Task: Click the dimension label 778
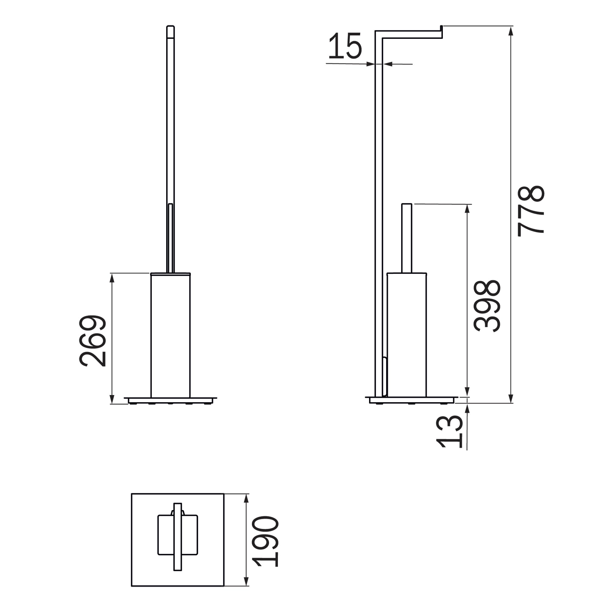(x=531, y=211)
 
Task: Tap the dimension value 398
(x=487, y=306)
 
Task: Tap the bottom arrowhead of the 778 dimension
(x=511, y=398)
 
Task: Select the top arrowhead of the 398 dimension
(x=468, y=209)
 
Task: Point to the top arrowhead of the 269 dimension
(x=111, y=278)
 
